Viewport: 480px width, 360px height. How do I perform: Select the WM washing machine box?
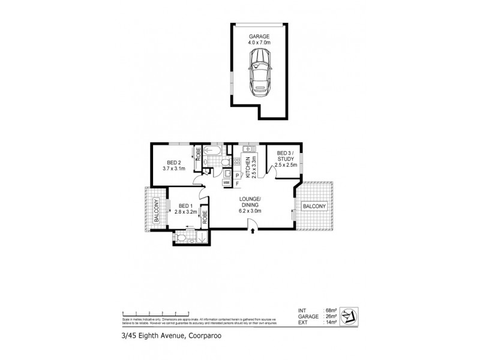click(x=227, y=182)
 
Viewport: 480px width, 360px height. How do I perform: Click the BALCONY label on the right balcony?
click(x=314, y=206)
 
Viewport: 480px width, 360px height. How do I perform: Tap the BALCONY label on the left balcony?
click(x=157, y=211)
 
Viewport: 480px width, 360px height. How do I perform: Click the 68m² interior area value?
click(x=329, y=310)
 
